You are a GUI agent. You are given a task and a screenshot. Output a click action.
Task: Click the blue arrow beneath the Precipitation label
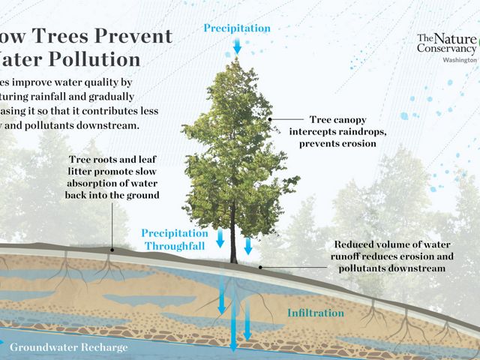click(237, 45)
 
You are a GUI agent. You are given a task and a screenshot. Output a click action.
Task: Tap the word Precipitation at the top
click(236, 28)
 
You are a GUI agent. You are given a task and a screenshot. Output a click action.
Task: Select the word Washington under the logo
click(460, 59)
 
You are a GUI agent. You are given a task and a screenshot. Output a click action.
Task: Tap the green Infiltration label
click(316, 313)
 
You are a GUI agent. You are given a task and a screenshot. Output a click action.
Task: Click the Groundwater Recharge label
click(69, 348)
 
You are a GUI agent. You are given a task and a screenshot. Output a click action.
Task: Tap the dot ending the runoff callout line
click(259, 267)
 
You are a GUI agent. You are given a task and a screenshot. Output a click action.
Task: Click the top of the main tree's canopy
click(235, 64)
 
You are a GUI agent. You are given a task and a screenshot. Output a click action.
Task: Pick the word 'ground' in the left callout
click(142, 195)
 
